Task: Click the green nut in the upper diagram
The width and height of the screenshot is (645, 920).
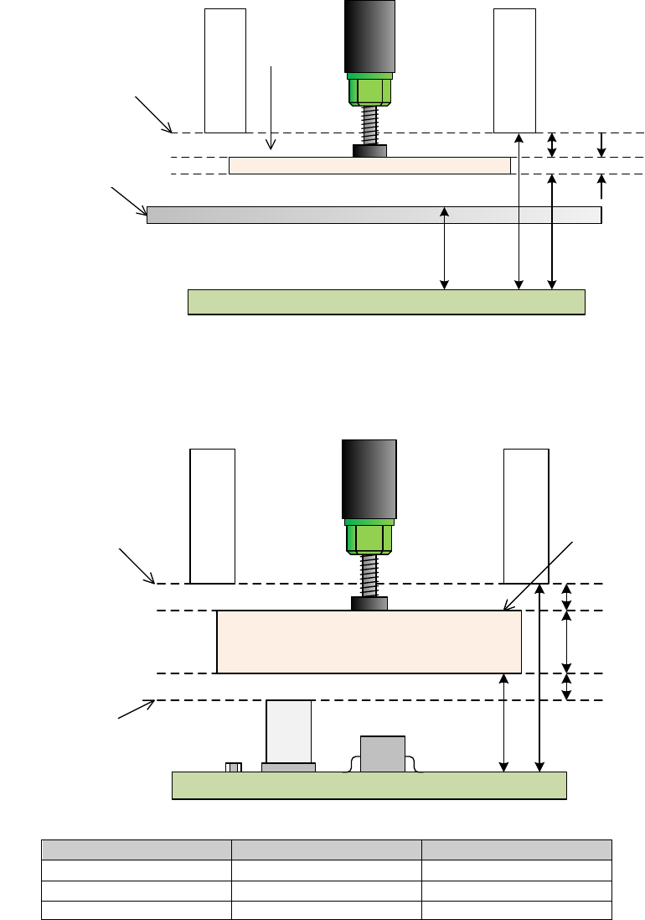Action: (369, 89)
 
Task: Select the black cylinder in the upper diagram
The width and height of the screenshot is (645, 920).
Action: (369, 35)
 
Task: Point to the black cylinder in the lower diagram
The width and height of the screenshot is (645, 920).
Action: (369, 478)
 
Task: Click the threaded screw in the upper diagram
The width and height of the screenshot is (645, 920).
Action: (369, 125)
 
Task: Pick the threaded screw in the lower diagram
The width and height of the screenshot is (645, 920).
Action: (369, 575)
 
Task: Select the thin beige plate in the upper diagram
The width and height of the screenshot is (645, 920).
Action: (369, 165)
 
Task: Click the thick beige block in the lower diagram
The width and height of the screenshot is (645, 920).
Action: (369, 642)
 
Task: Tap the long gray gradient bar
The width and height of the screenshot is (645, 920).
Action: (374, 215)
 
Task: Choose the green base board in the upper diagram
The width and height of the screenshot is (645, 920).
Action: (385, 302)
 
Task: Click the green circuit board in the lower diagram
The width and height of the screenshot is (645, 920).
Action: (369, 785)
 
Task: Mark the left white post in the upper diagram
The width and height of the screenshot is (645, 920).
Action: (225, 70)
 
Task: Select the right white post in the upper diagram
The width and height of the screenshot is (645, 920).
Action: (514, 70)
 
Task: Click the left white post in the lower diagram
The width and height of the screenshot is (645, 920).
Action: (212, 516)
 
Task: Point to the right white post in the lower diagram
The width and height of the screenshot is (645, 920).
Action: (526, 516)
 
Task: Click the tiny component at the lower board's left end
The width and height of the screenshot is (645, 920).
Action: (235, 767)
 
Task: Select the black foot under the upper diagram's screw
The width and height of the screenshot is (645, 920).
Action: (369, 151)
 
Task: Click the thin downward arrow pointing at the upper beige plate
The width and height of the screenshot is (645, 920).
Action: (271, 109)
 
